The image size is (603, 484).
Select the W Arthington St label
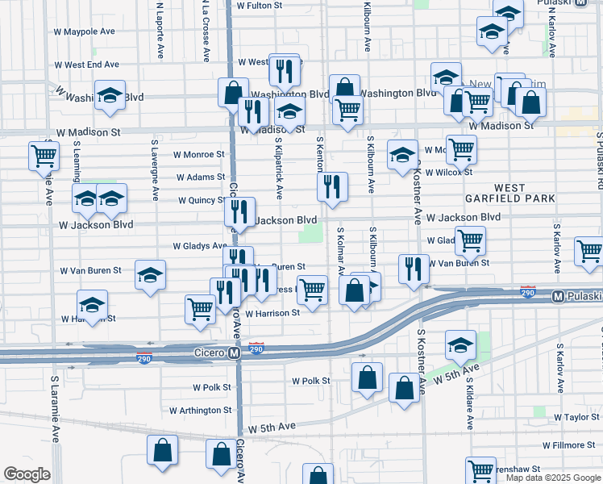click(201, 410)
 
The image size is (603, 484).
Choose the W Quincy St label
click(202, 201)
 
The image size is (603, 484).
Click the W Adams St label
click(200, 177)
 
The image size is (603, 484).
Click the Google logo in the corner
click(27, 474)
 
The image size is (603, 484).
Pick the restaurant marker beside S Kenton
click(332, 187)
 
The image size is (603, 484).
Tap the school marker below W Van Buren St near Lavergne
click(150, 276)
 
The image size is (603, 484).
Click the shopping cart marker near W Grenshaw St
click(480, 469)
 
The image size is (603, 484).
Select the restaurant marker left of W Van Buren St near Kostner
click(414, 269)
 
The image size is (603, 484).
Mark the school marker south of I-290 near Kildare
click(460, 345)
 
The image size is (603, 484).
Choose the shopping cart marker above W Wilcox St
click(461, 148)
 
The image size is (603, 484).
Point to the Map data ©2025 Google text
click(553, 478)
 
